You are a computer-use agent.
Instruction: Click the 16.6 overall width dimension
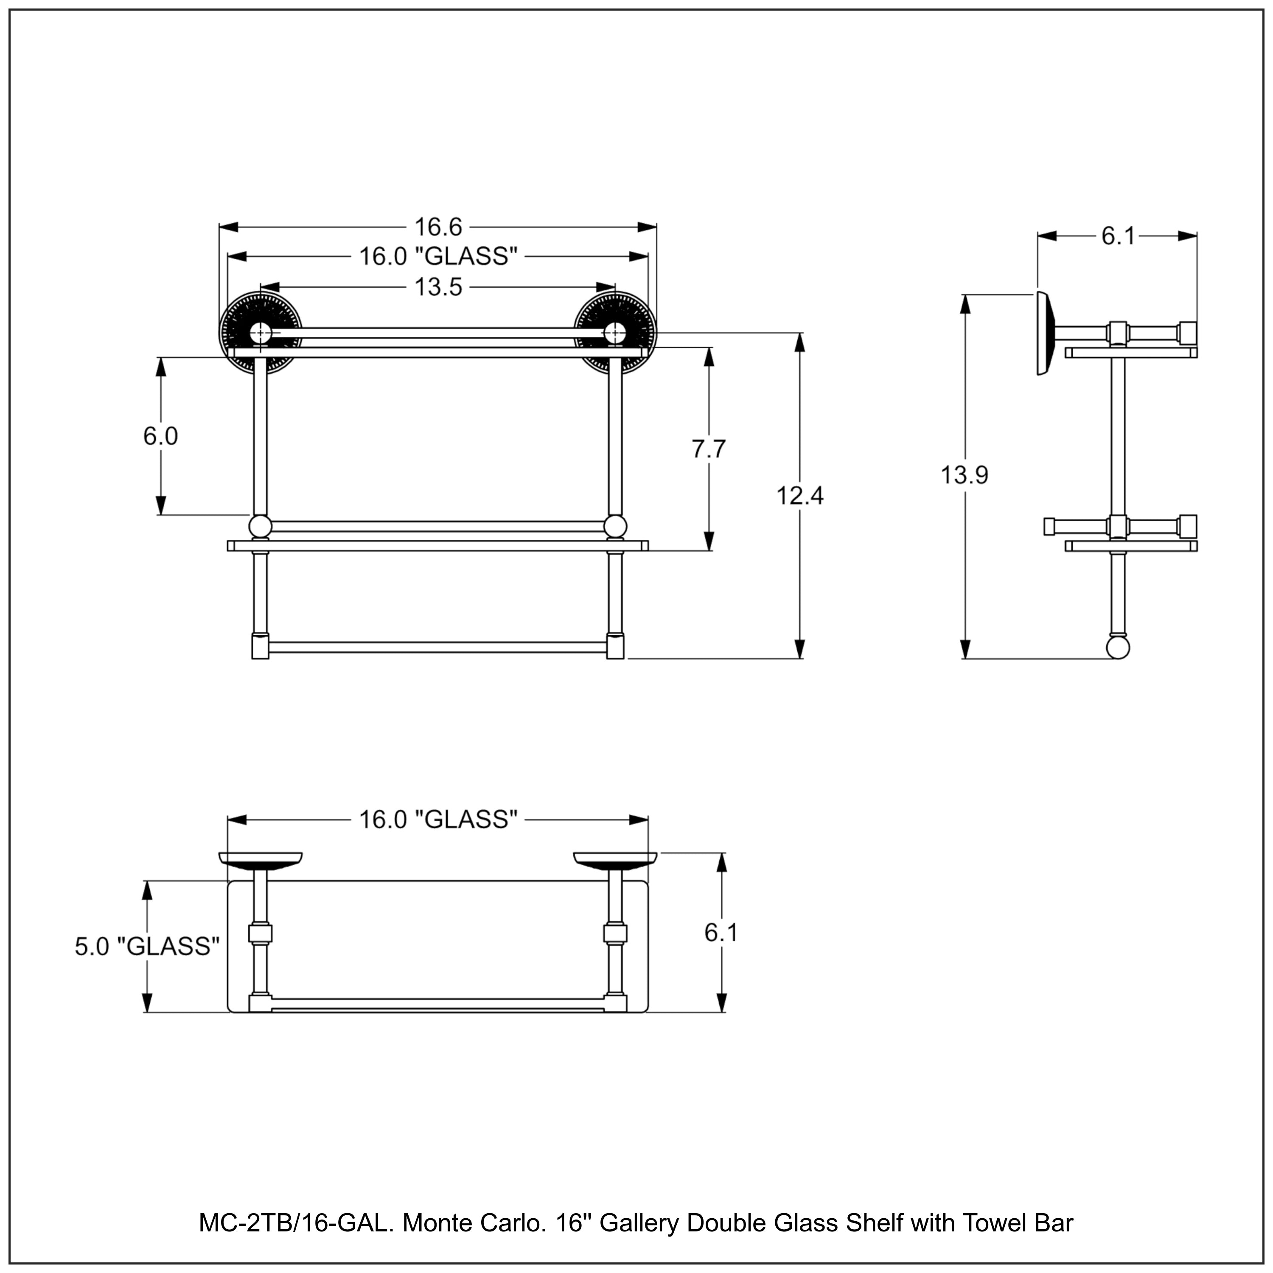(438, 227)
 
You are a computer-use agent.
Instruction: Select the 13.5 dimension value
(438, 287)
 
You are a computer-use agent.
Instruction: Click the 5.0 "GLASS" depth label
(146, 946)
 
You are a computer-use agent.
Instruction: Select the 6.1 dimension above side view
(1118, 236)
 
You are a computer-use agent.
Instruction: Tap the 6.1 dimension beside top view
(721, 932)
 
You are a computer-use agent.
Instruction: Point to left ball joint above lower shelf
(260, 527)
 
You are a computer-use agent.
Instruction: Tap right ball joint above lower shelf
(615, 527)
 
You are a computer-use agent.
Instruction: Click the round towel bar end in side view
(1118, 647)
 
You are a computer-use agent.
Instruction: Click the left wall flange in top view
(260, 860)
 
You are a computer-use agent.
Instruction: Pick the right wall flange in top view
(615, 860)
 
